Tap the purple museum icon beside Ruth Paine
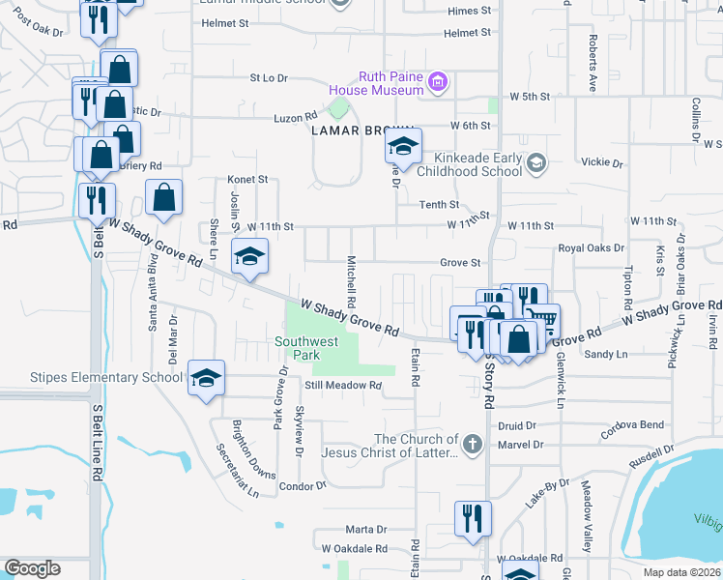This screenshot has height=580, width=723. click(x=438, y=82)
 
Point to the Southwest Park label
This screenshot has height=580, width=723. click(x=306, y=348)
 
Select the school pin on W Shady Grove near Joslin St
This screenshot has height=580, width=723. click(x=249, y=257)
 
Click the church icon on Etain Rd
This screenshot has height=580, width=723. click(x=472, y=445)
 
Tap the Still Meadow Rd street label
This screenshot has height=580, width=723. click(x=331, y=385)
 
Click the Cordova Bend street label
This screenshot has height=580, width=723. click(x=633, y=425)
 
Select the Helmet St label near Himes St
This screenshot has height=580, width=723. click(x=468, y=33)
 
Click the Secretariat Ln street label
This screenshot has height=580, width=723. click(x=238, y=471)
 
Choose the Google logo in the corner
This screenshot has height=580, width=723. click(x=32, y=568)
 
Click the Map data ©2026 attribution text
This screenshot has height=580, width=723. click(x=680, y=572)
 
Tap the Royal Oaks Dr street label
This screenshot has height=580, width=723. click(x=593, y=248)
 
